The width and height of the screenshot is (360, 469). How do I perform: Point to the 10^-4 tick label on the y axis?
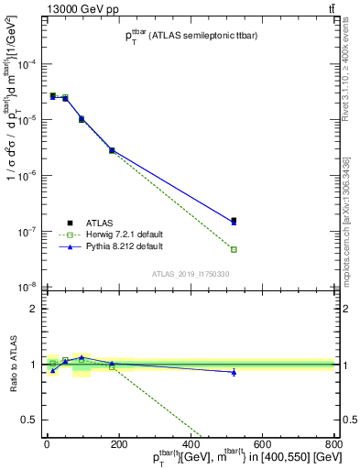[27, 64]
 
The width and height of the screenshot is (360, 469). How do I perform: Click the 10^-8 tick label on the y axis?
[27, 287]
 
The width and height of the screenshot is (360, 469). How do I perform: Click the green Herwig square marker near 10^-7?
[234, 249]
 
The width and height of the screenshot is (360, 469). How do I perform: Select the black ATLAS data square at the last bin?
[234, 220]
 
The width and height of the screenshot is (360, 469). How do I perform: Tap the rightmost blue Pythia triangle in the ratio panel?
[234, 372]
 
